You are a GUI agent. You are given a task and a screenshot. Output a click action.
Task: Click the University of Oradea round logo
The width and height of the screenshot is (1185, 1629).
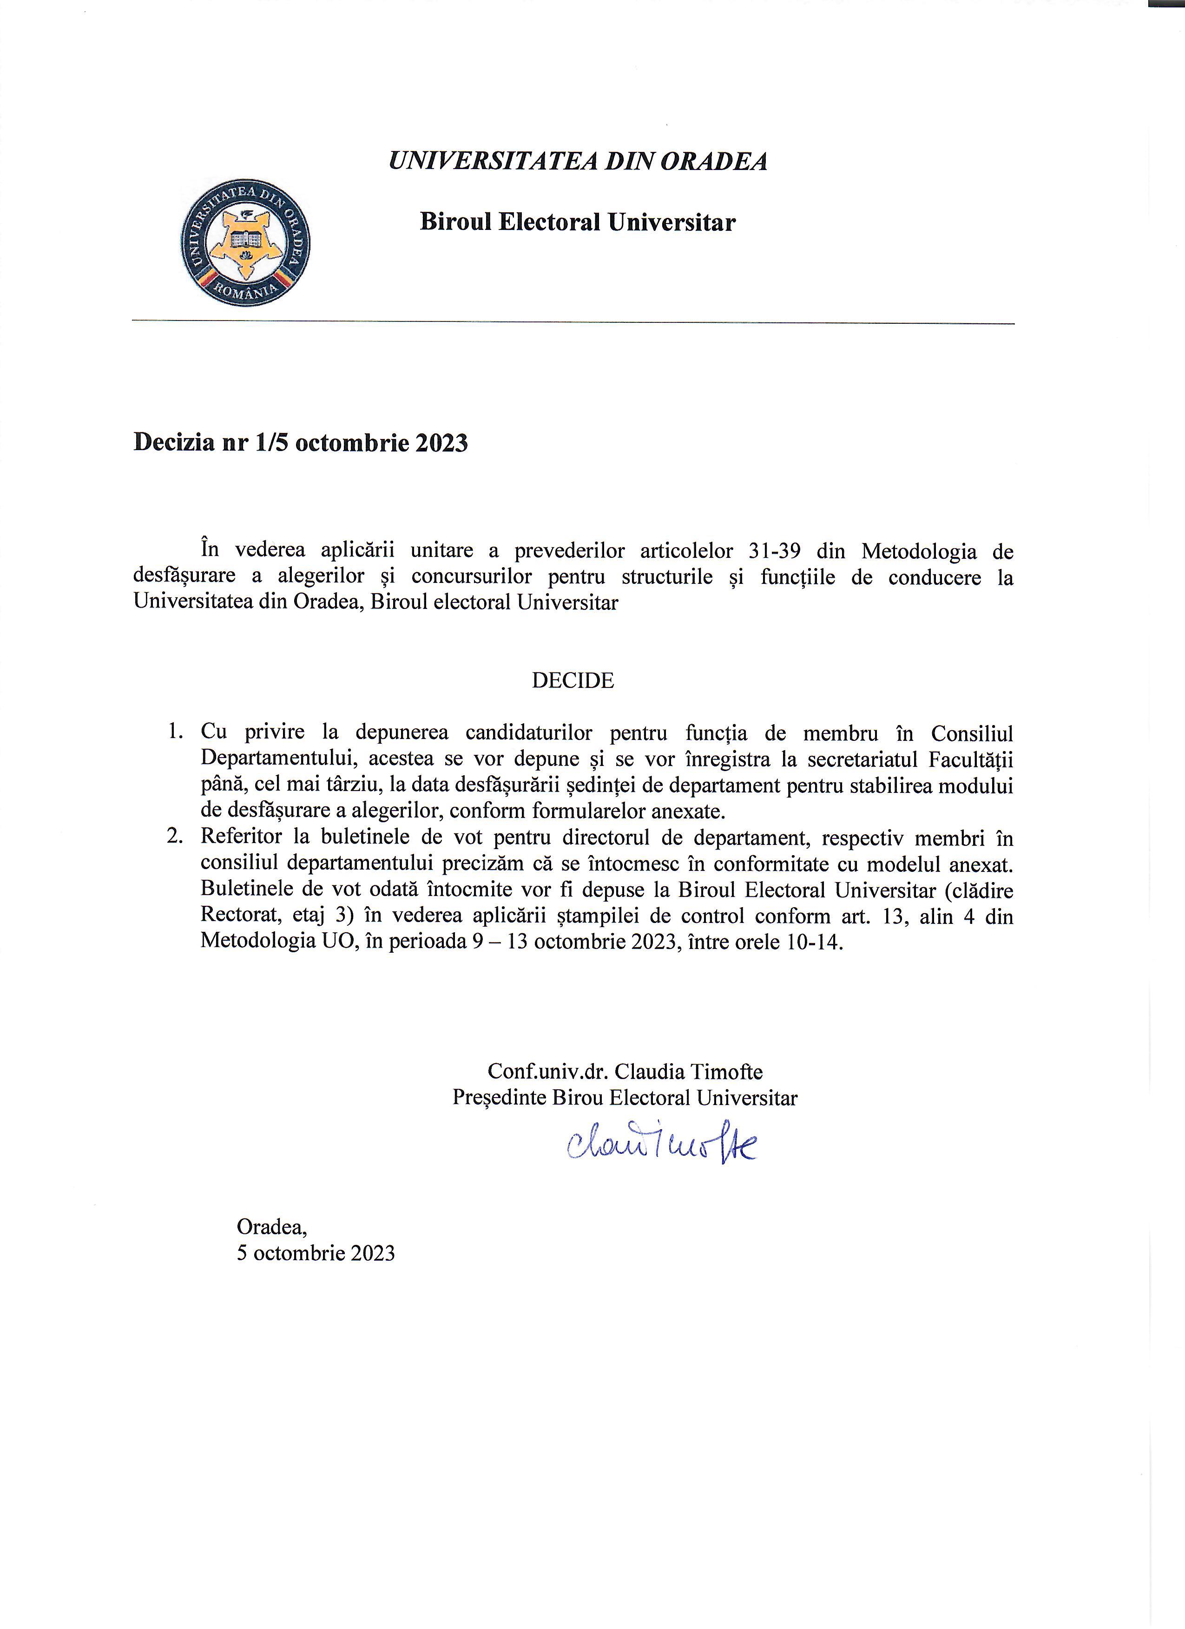246,242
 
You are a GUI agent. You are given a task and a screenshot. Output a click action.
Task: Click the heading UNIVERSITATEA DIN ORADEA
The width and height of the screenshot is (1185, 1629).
578,161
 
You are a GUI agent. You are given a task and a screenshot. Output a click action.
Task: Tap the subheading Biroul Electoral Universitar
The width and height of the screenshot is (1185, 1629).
578,222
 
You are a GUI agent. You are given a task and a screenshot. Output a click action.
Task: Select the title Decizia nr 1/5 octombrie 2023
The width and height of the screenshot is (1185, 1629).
300,443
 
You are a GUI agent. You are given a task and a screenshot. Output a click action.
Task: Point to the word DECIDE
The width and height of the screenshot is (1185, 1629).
573,680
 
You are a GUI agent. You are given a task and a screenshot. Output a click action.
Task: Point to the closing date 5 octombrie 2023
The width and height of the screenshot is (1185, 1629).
316,1253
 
